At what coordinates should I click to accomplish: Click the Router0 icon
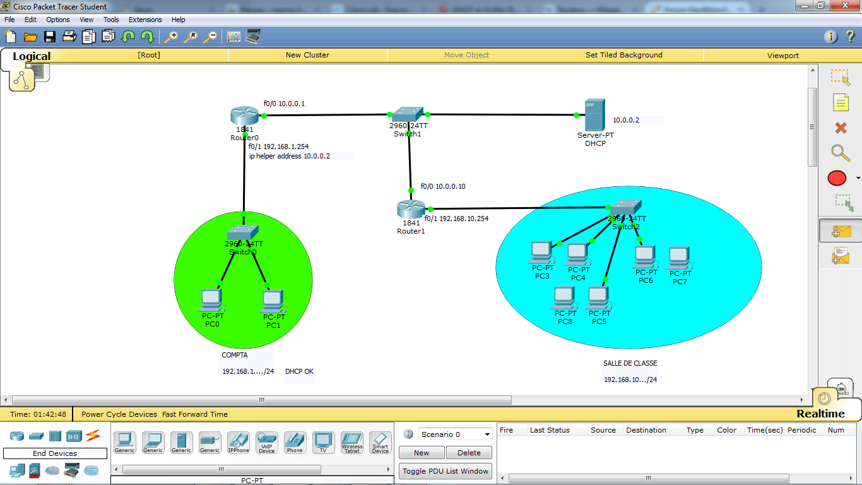click(x=244, y=116)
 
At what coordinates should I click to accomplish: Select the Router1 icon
click(x=411, y=209)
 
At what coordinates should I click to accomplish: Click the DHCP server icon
click(x=595, y=115)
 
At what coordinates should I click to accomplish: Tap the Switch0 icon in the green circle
click(x=243, y=232)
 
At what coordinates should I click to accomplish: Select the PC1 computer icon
click(x=273, y=301)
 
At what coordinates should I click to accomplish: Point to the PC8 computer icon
click(x=564, y=297)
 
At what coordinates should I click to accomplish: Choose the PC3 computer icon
click(x=541, y=252)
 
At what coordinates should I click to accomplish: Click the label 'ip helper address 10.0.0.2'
click(x=290, y=156)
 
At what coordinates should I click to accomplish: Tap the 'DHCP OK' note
click(x=299, y=371)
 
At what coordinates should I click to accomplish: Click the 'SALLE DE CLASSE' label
click(x=630, y=363)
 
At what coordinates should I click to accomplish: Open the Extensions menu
click(x=145, y=20)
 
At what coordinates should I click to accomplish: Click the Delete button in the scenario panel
click(x=469, y=453)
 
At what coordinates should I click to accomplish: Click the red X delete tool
click(x=841, y=128)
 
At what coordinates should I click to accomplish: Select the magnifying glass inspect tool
click(x=840, y=152)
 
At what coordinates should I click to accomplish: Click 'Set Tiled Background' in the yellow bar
click(x=623, y=55)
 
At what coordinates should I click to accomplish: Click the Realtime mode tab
click(x=820, y=414)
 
